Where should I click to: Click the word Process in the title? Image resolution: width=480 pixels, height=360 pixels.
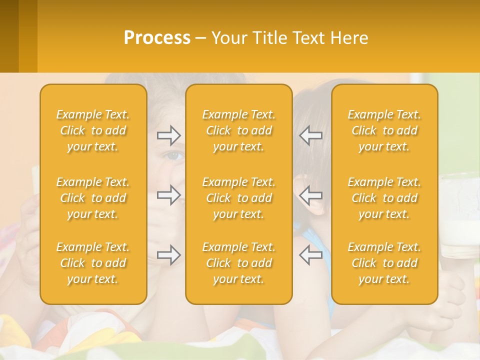(x=157, y=38)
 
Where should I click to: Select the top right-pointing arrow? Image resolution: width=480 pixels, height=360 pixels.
(x=168, y=135)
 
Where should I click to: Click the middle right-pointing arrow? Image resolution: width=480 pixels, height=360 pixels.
(x=168, y=195)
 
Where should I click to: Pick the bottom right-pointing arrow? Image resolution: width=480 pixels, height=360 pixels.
(x=168, y=255)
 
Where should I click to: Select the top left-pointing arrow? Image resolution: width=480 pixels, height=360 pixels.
(x=310, y=135)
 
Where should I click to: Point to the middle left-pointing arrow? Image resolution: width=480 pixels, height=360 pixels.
(x=310, y=195)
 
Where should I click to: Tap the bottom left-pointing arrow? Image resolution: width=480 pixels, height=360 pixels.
(x=310, y=255)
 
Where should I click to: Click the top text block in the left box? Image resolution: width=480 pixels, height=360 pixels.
(x=93, y=130)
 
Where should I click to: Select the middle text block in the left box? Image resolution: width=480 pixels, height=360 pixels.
(x=93, y=198)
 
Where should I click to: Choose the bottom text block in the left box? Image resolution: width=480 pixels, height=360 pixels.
(x=93, y=263)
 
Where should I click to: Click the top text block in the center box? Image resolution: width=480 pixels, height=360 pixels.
(x=239, y=130)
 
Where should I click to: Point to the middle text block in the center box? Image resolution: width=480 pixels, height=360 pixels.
(x=239, y=198)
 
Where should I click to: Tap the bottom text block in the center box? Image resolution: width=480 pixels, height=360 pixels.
(x=239, y=263)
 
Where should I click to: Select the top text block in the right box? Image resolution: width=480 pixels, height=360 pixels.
(x=384, y=130)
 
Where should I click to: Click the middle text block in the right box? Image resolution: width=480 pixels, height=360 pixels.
(x=384, y=198)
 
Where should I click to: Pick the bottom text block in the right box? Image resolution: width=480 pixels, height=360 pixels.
(x=384, y=263)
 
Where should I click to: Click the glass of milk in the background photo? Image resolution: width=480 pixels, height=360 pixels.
(x=459, y=220)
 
